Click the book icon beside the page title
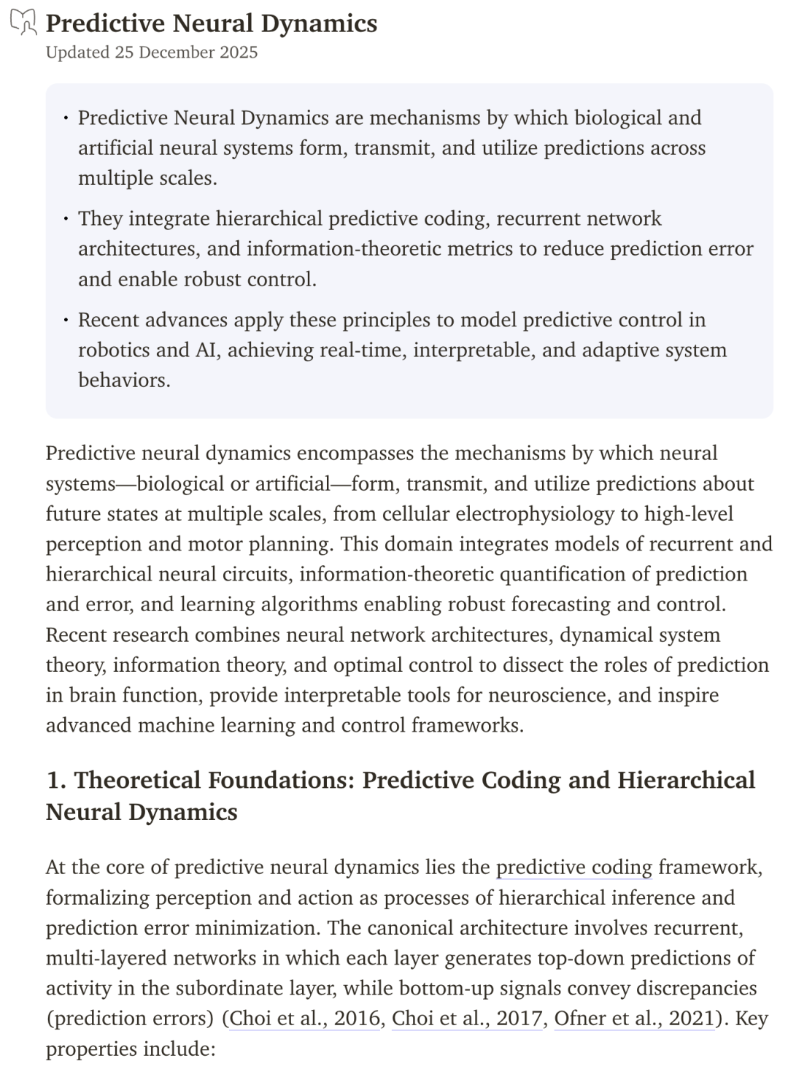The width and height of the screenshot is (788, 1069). click(x=23, y=23)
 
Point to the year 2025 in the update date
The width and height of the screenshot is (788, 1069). click(x=237, y=53)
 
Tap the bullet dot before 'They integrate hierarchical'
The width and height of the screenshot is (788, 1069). click(x=66, y=219)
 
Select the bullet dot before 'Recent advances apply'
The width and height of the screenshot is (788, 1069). click(x=66, y=320)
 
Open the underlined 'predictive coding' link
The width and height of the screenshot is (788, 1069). click(x=573, y=867)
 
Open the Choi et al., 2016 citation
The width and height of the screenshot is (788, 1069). click(x=305, y=1018)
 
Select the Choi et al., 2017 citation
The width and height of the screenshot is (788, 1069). click(x=468, y=1018)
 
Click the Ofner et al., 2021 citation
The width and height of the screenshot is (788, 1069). click(x=633, y=1018)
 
